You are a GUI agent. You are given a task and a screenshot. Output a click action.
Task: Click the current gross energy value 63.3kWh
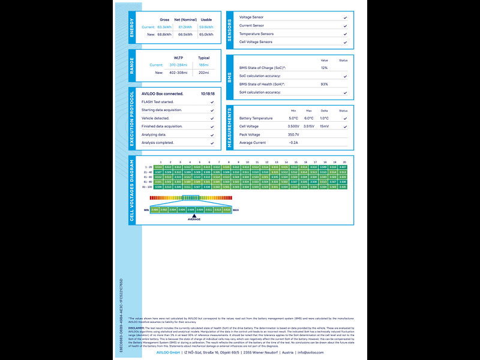pos(164,27)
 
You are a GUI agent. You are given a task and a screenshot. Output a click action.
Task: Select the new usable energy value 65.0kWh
pos(206,34)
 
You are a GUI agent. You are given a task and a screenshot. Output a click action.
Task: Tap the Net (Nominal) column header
pos(185,19)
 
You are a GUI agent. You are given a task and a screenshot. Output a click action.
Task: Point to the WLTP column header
pos(178,58)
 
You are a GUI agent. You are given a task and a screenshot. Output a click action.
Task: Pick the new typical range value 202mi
pos(203,73)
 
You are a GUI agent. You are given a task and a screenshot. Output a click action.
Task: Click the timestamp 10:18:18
pos(208,94)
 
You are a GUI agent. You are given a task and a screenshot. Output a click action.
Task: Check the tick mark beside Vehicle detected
pos(212,118)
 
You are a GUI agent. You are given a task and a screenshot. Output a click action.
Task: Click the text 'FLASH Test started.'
pos(158,102)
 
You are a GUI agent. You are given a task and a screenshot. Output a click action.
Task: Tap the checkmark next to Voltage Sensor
pos(345,17)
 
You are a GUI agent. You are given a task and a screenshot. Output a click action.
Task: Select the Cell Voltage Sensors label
pos(256,42)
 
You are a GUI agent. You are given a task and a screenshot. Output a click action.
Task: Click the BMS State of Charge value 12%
pos(324,68)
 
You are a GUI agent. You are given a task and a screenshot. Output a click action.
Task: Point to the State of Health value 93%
pos(324,84)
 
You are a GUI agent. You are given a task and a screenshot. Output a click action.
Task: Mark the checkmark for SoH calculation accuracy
pos(345,92)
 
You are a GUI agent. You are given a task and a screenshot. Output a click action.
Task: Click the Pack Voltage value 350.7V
pos(293,134)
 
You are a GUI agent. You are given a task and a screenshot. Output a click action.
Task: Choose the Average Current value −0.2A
pos(293,143)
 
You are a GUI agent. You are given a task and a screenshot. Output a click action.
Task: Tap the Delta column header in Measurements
pos(324,110)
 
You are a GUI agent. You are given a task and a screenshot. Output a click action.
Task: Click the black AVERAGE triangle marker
pos(194,215)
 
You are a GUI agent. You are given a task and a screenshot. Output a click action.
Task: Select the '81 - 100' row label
pos(148,187)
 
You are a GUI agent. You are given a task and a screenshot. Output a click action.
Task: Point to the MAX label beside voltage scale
pos(235,210)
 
